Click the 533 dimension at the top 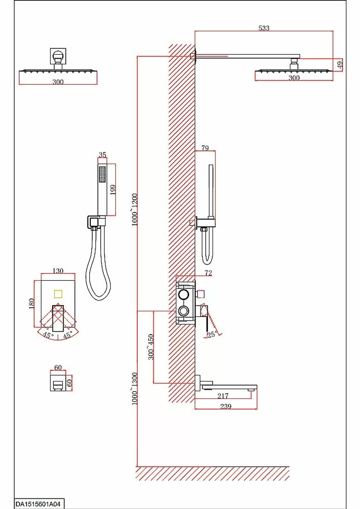point(264,28)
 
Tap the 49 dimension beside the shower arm point(340,64)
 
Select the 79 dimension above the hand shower point(205,148)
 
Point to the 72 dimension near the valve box point(208,273)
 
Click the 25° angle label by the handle point(212,334)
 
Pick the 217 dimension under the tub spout point(223,396)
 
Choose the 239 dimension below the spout point(226,406)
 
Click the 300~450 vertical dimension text point(151,347)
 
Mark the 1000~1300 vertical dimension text point(135,389)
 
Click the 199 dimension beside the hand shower point(113,189)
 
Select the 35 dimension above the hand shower point(102,154)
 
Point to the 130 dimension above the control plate point(58,271)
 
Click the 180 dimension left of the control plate point(32,303)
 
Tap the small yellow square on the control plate point(58,294)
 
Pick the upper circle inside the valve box point(183,294)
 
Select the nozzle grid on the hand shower point(102,174)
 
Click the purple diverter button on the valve point(201,294)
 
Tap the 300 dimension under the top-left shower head point(58,82)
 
